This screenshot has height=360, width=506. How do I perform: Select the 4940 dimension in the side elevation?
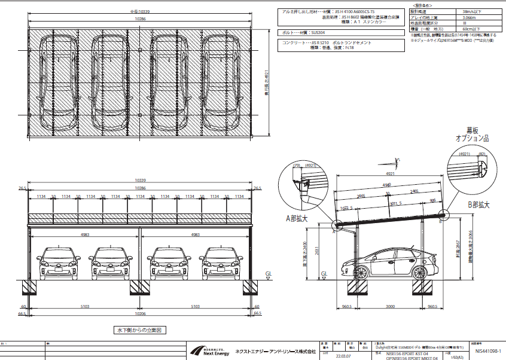click(x=387, y=185)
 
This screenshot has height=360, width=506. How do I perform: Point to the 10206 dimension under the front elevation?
click(x=140, y=313)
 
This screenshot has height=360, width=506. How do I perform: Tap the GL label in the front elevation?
click(x=268, y=273)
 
